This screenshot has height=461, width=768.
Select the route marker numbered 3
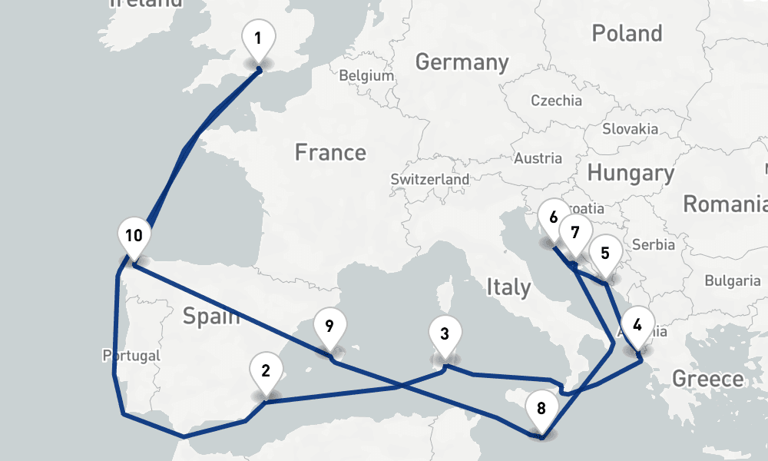coord(445,335)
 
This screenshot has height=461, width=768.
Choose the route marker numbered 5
coord(605,254)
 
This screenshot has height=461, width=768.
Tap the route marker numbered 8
coord(541,409)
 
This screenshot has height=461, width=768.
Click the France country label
coord(330,152)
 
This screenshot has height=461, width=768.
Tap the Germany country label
coord(462,62)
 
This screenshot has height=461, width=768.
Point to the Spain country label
coord(211,316)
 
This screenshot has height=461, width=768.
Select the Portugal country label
coord(131,356)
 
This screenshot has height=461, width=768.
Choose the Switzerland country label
coord(429,179)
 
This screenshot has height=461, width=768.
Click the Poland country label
coord(627,33)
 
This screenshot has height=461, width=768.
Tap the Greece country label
coord(707,379)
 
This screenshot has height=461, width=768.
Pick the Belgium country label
coord(366,76)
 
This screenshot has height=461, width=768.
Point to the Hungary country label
coord(630,173)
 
